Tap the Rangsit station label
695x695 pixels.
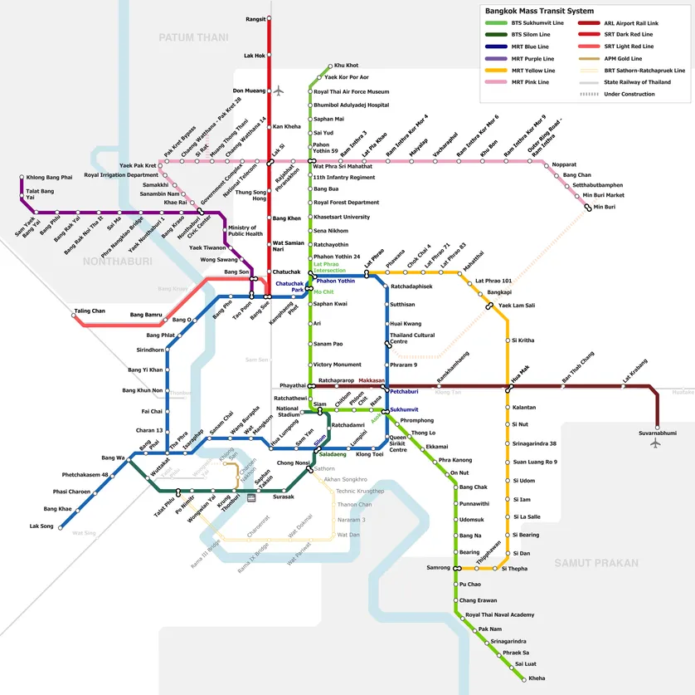(x=255, y=18)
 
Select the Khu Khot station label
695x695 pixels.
(x=346, y=65)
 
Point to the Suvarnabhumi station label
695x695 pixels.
(x=658, y=433)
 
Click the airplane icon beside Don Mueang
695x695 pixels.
(x=279, y=91)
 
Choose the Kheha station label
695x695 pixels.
(x=537, y=678)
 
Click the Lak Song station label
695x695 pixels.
(x=41, y=526)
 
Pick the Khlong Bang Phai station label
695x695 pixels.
(x=49, y=178)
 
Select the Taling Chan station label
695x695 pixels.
(x=90, y=311)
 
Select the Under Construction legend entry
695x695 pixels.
(x=629, y=94)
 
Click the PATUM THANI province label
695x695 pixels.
(x=193, y=37)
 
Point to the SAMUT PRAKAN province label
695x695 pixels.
(x=596, y=563)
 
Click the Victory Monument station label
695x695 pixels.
(x=337, y=365)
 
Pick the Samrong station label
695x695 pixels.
(x=438, y=568)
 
